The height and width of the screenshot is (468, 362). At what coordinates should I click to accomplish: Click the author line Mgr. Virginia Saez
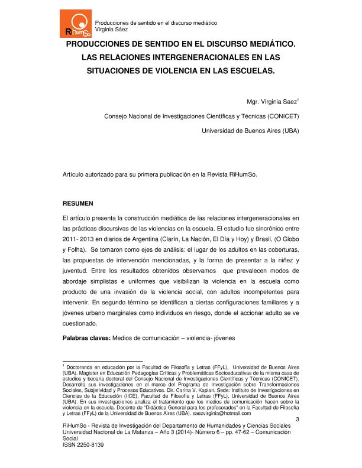pos(271,102)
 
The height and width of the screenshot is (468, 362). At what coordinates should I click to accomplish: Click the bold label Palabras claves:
pos(86,338)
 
